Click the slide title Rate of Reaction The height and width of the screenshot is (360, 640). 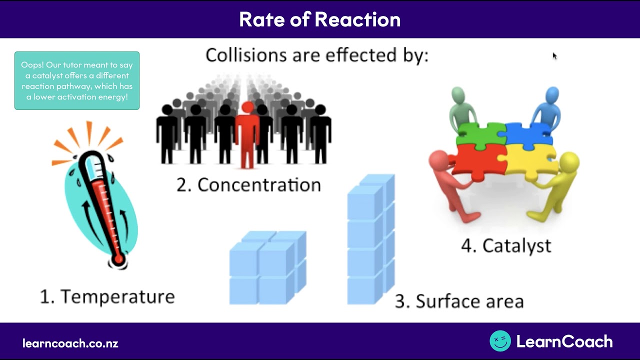(319, 19)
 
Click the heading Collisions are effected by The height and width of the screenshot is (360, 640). (316, 55)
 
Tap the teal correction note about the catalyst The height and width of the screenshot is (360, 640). (77, 80)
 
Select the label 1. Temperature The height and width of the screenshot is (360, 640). (107, 296)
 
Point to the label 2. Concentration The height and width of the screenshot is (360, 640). (248, 185)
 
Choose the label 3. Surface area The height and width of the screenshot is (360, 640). (459, 301)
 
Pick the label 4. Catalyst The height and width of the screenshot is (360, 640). (506, 245)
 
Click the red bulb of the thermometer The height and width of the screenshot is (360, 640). (118, 259)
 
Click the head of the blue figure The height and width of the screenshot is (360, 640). (552, 95)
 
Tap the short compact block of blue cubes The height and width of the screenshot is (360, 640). (267, 267)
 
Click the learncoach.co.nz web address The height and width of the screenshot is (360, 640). (70, 343)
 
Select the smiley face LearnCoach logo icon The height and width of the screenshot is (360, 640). (500, 341)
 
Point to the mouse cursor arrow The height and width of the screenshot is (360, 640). (554, 55)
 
